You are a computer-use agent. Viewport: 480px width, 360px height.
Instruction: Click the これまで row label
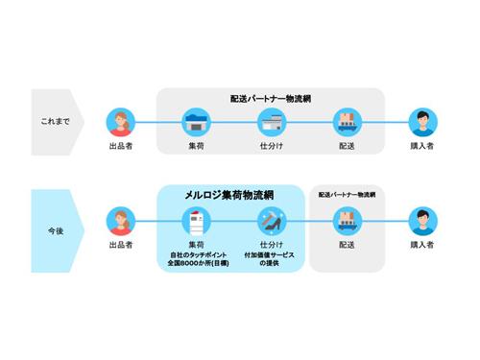click(x=54, y=122)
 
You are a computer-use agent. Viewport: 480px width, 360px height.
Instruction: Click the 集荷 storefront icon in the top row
click(x=196, y=122)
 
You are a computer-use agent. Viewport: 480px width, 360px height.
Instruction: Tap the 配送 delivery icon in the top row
click(x=346, y=122)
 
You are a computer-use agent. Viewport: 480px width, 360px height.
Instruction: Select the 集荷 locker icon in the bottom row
click(x=196, y=222)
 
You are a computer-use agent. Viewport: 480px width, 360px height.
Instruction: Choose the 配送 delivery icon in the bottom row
click(x=346, y=222)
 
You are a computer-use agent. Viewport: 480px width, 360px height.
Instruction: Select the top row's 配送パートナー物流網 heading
click(x=271, y=98)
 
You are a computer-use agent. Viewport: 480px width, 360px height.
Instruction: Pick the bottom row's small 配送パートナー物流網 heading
click(x=347, y=195)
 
